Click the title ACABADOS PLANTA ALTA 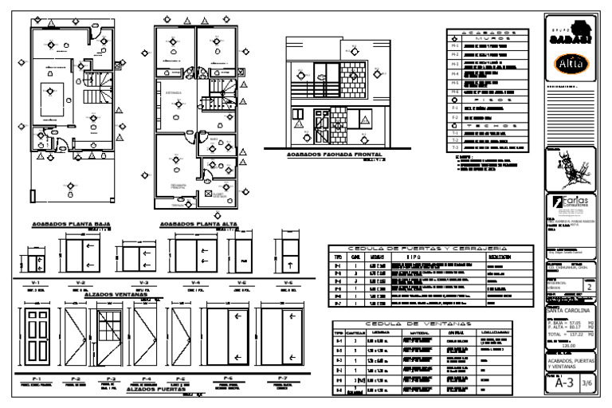click(x=189, y=226)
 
